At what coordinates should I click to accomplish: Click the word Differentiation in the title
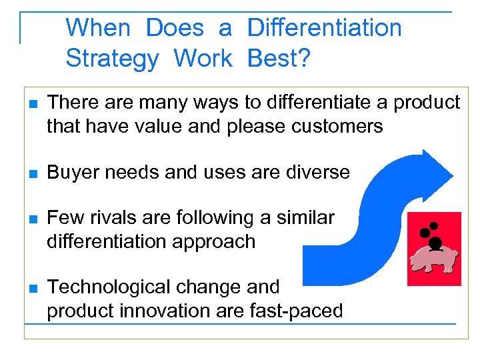pos(324,28)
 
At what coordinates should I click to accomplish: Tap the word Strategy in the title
pos(112,59)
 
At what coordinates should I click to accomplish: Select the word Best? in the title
pos(279,59)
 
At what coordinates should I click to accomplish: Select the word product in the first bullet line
pos(427,103)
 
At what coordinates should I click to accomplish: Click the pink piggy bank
pos(434,261)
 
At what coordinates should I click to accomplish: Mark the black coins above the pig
pos(431,235)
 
